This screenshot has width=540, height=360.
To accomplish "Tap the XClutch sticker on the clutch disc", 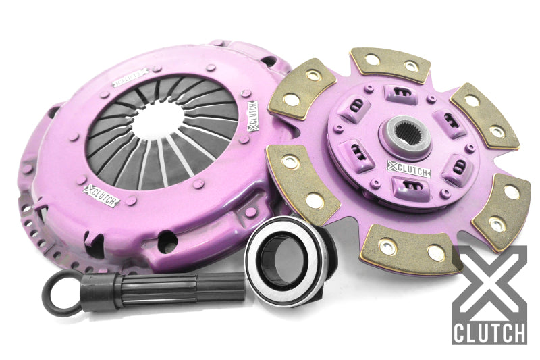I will [403, 166].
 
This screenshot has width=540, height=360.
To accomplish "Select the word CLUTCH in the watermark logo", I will [489, 333].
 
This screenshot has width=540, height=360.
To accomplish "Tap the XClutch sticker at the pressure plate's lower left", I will [102, 195].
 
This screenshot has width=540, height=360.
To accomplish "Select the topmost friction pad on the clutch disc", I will [391, 63].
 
